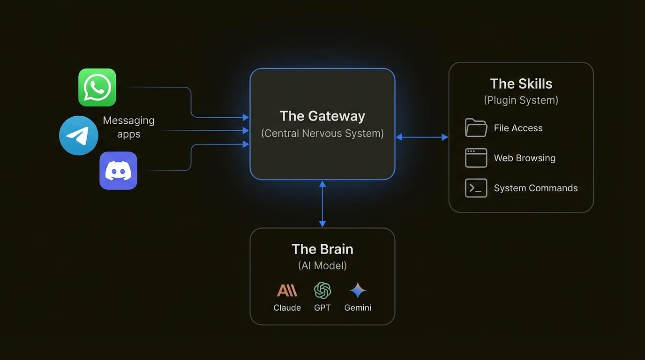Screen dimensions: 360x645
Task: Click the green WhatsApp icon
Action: pos(97,88)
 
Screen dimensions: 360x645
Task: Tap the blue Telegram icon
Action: pos(79,135)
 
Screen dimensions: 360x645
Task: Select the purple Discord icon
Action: pos(118,171)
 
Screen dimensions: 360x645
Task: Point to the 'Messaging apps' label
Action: pos(128,127)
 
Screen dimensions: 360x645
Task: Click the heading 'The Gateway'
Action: pos(322,116)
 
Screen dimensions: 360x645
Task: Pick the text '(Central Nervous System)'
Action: pos(322,134)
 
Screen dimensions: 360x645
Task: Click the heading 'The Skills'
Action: pos(521,84)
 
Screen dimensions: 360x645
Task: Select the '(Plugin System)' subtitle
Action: pos(521,100)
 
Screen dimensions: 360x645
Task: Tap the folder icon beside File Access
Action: pos(476,128)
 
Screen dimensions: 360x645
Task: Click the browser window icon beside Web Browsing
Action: pos(476,158)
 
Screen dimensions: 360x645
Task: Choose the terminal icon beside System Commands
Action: pos(476,188)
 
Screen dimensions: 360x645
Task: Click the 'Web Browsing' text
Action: pos(525,158)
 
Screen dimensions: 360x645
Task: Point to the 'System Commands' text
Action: pos(535,188)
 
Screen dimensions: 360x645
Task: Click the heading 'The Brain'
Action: pos(322,249)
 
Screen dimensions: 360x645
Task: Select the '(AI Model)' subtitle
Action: pos(322,266)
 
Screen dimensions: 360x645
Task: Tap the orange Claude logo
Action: pos(287,291)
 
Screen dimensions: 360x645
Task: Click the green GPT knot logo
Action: pos(322,291)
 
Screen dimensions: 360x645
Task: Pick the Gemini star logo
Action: pos(358,291)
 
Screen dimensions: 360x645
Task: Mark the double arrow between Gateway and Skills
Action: pos(422,137)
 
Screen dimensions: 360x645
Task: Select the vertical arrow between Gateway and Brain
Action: pos(322,204)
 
